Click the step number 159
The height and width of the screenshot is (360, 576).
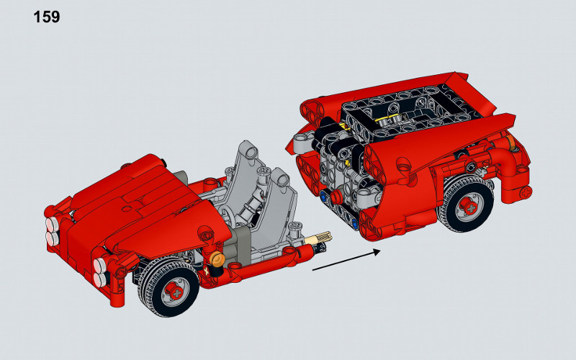47,17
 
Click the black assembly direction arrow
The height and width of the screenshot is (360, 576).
346,261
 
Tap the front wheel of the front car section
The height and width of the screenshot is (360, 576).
169,287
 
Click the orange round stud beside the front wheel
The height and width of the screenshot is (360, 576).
217,259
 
